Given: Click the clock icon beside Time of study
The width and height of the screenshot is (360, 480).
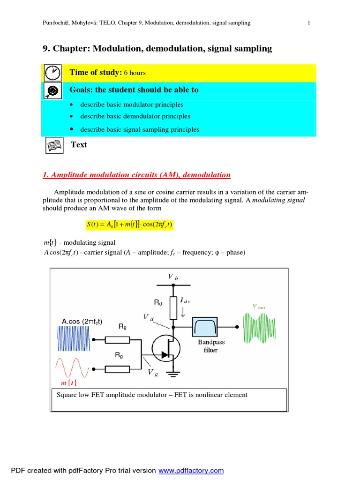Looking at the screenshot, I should click(53, 73).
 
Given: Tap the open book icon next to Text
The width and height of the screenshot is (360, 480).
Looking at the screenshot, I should click(53, 145).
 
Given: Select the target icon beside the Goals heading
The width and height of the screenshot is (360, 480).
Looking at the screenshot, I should click(52, 90).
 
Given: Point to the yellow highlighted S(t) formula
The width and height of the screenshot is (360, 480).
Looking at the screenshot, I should click(129, 225).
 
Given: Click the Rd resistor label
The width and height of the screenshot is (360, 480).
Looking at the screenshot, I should click(158, 303).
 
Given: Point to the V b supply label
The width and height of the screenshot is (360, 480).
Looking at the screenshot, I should click(173, 277).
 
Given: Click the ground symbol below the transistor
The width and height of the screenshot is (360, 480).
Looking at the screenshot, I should click(174, 374).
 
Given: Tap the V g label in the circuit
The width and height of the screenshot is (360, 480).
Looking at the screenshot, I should click(153, 372).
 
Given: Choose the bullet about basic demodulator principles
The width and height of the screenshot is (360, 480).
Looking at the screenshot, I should click(135, 116).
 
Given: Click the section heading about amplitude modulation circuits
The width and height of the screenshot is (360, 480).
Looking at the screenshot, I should click(136, 175).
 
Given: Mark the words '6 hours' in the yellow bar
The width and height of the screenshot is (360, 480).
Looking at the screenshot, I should click(135, 73).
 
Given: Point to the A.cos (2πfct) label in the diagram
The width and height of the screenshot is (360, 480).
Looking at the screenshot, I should click(82, 321).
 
